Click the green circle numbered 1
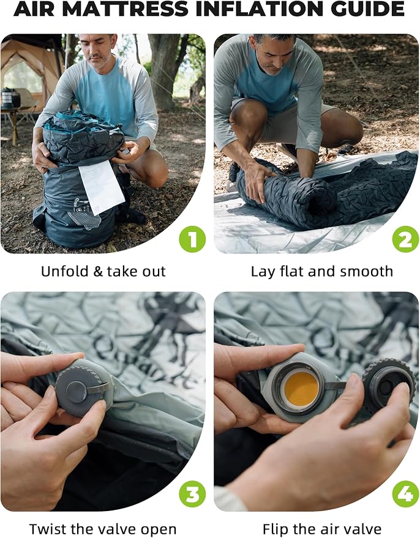pyautogui.click(x=192, y=239)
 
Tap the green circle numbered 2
pyautogui.click(x=405, y=239)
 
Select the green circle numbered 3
pyautogui.click(x=192, y=494)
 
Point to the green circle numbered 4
pyautogui.click(x=405, y=494)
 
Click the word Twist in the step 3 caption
pyautogui.click(x=46, y=529)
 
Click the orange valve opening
pyautogui.click(x=301, y=389)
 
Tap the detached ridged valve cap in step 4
pyautogui.click(x=389, y=386)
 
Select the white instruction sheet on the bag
pyautogui.click(x=102, y=187)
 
